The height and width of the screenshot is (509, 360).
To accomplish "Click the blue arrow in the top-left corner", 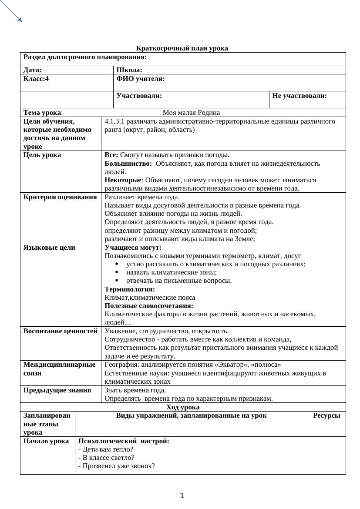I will [x=11, y=11].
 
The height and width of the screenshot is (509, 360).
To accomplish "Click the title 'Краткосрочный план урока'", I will [x=182, y=48].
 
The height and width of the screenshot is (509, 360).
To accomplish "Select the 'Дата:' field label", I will [x=33, y=70].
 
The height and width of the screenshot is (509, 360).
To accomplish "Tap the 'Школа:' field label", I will [x=129, y=70].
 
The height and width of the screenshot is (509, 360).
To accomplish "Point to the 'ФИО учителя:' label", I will [x=141, y=79].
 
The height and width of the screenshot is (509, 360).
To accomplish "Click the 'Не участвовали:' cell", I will [x=299, y=96].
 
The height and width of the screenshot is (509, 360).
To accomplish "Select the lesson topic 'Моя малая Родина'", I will [x=191, y=113].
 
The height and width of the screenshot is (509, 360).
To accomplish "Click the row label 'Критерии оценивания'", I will [x=60, y=197].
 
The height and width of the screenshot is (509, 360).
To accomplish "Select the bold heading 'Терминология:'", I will [x=130, y=289].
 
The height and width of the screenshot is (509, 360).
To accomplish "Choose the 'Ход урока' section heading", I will [x=183, y=407].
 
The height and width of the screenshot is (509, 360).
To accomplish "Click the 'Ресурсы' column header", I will [x=326, y=415].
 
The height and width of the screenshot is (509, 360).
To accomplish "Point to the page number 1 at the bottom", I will [x=182, y=496].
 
